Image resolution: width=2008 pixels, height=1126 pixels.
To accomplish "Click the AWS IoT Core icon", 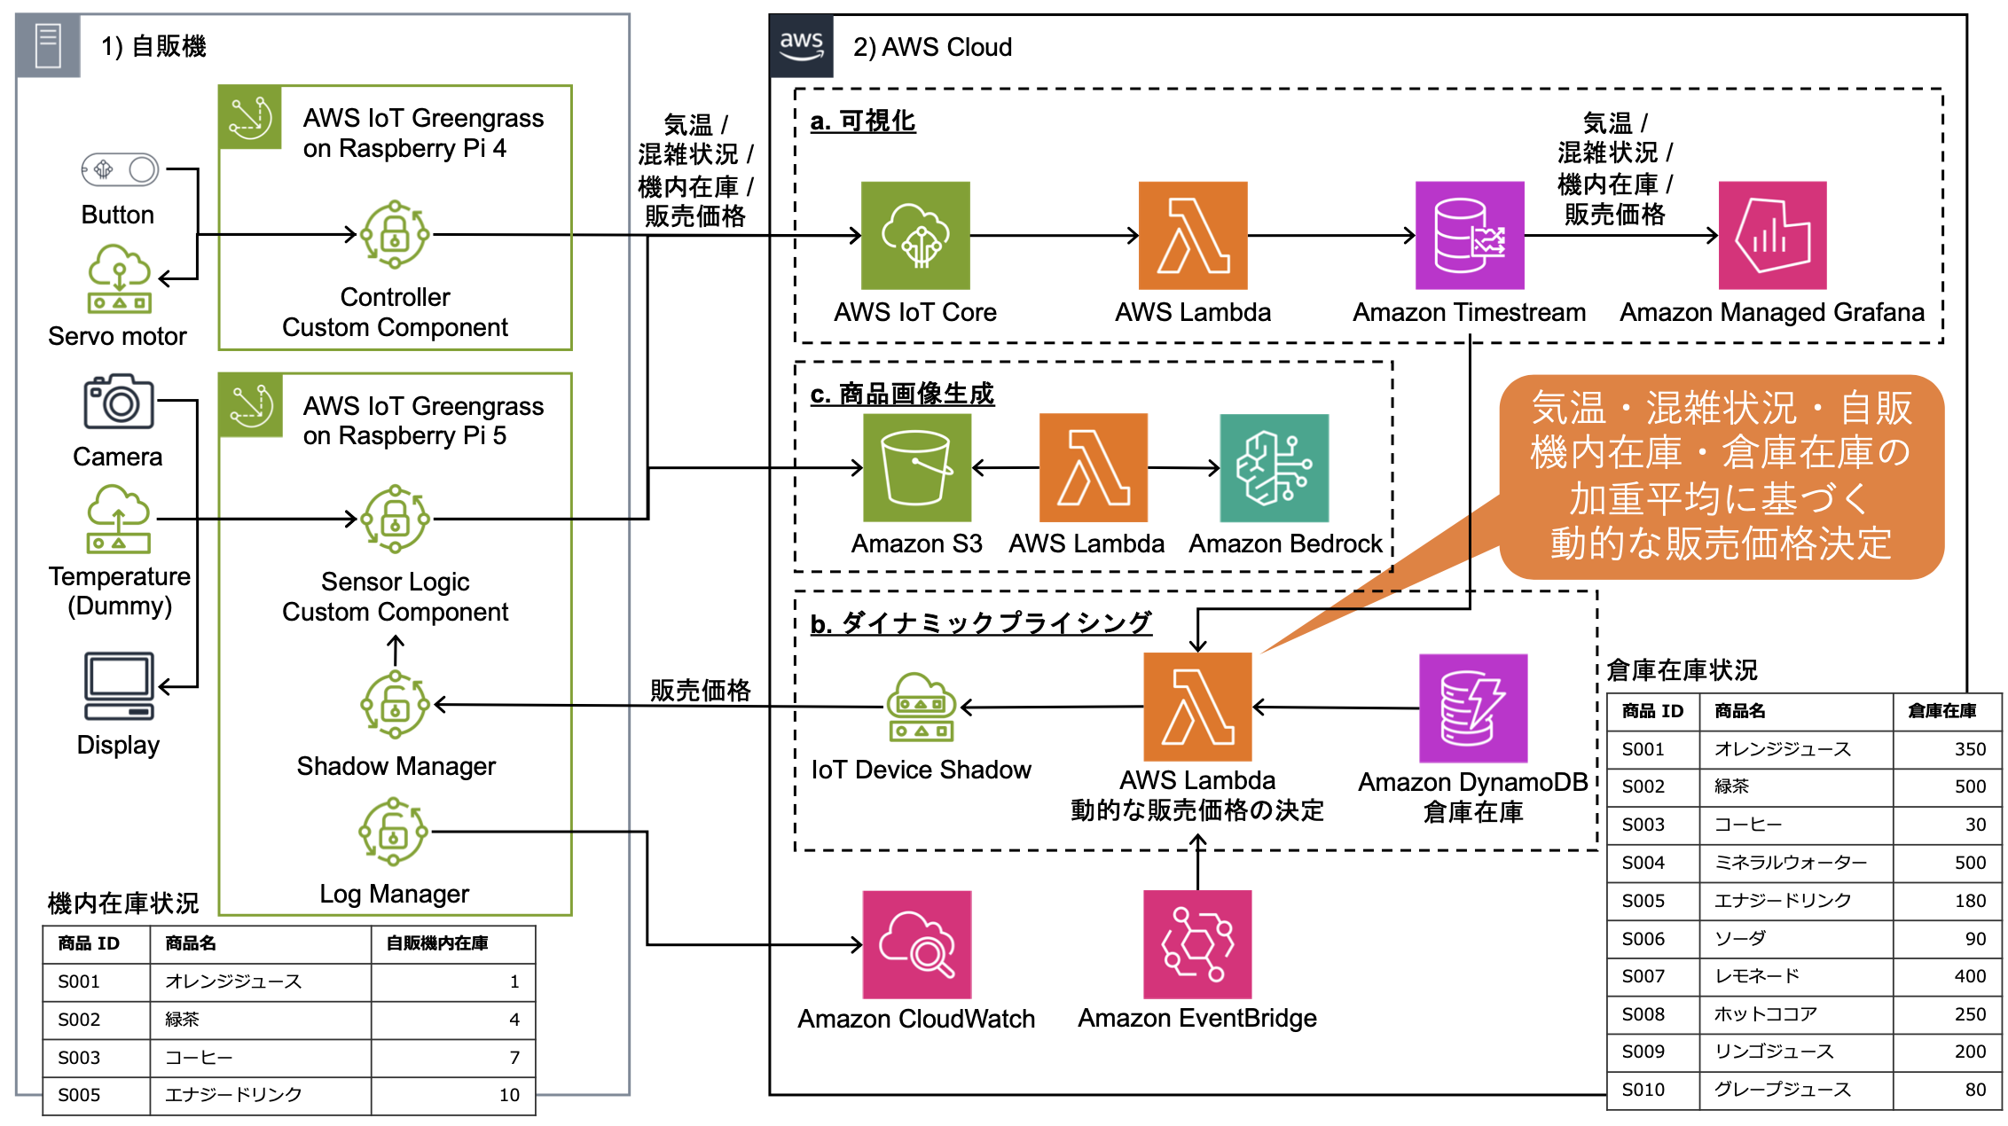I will coord(915,236).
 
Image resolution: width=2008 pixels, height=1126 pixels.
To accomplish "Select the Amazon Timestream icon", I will coord(1470,236).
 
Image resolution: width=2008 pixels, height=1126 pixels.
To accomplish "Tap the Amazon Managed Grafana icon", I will coord(1772,236).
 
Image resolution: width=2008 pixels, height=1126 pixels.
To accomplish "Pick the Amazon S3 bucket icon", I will coord(917,468).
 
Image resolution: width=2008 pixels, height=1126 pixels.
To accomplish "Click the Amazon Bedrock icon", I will coord(1275,468).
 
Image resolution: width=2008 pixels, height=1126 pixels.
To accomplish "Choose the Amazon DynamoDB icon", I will coord(1473,708).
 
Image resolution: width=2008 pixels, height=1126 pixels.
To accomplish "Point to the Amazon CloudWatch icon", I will coord(917,945).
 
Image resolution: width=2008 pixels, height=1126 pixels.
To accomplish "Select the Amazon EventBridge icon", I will coord(1197,945).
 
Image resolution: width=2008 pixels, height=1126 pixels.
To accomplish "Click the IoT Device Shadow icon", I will coord(921,708).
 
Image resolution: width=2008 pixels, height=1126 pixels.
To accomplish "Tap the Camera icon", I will coord(119,403).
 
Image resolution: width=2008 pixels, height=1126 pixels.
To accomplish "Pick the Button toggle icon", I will coord(120,169).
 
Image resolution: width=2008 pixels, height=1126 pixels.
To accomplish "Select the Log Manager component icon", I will coord(394,832).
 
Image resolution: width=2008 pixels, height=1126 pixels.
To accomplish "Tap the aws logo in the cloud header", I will coord(802,45).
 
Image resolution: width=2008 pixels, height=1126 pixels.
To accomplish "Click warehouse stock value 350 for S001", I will coord(1970,749).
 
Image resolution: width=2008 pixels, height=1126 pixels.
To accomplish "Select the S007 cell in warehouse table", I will coord(1643,976).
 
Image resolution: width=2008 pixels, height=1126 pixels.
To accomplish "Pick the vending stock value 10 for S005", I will coord(509,1095).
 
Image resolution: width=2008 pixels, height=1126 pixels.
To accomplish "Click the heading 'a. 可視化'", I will coord(863,121).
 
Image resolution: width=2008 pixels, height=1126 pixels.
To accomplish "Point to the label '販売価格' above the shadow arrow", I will coord(700,690).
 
